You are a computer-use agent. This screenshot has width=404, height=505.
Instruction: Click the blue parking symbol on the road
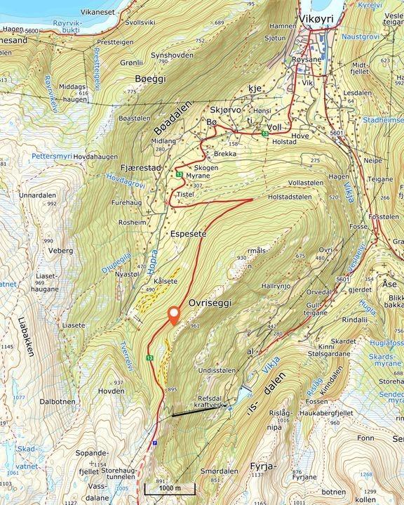[x=154, y=442]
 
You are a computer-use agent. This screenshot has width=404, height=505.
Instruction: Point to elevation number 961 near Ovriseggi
[x=195, y=326]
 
